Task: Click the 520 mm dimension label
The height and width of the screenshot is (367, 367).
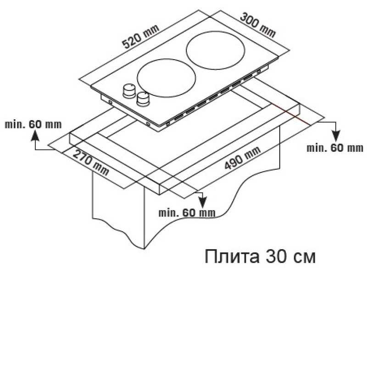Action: [141, 37]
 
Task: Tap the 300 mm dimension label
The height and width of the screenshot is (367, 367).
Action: [258, 26]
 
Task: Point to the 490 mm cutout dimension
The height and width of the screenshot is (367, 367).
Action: [243, 158]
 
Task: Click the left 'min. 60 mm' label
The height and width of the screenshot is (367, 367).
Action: [33, 124]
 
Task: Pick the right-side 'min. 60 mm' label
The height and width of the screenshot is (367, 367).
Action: [335, 148]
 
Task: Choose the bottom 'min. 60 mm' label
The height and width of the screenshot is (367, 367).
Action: [187, 213]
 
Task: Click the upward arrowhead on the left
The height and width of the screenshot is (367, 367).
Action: [35, 136]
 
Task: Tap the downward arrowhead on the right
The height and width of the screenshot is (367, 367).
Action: [336, 136]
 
